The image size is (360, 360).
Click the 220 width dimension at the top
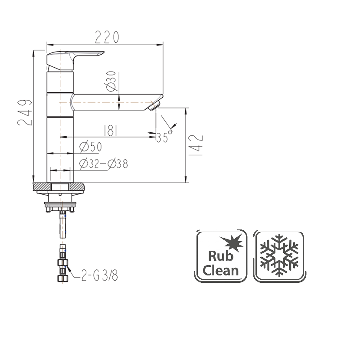(107, 37)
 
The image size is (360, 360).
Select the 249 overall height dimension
(25, 112)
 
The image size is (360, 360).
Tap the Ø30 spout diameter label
(111, 81)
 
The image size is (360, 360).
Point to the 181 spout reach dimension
(111, 131)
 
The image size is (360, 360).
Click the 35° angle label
(164, 137)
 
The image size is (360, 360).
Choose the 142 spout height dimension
(196, 145)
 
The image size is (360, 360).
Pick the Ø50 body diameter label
(91, 147)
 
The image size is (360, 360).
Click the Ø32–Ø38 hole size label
(103, 164)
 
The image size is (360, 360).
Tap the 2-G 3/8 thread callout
(100, 275)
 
